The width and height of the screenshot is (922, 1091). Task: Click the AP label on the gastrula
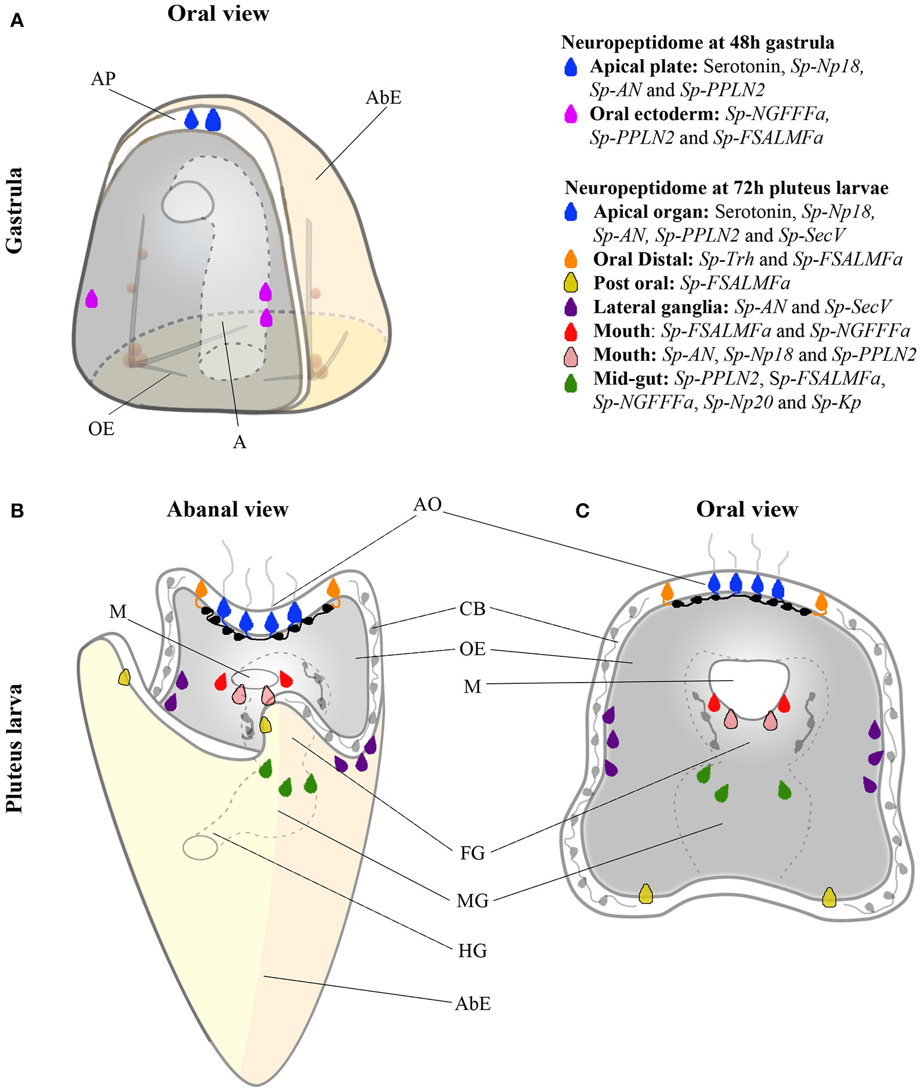(103, 79)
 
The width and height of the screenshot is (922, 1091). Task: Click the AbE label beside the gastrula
(383, 97)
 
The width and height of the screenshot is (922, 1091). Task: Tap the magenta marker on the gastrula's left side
(91, 298)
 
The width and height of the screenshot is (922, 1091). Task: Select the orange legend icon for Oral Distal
(570, 259)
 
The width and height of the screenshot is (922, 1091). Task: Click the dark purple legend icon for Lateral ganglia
(570, 306)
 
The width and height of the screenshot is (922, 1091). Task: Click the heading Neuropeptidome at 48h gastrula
(697, 43)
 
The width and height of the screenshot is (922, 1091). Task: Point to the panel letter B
(17, 511)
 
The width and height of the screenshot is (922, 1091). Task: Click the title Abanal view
(227, 509)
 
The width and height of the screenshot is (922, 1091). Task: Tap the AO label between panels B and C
(427, 504)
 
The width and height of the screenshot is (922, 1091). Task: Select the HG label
(472, 950)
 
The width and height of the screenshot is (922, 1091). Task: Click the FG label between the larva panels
(472, 853)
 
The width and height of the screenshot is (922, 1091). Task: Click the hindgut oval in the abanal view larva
(200, 847)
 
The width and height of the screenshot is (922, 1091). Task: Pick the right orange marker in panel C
(821, 603)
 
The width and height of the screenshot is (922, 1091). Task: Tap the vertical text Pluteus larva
(14, 749)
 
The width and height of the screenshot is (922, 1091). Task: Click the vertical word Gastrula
(14, 210)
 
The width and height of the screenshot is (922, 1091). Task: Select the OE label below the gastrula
(101, 429)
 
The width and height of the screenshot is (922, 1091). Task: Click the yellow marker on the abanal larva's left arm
(124, 677)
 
